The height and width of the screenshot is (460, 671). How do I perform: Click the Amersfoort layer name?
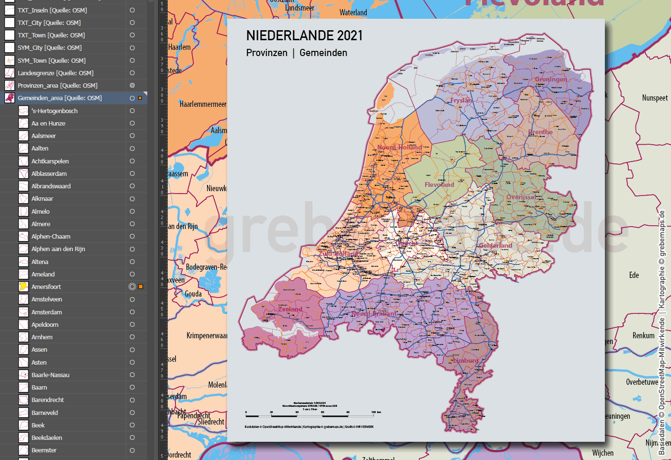pyautogui.click(x=46, y=287)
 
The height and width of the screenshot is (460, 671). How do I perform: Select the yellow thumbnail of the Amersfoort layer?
pyautogui.click(x=23, y=287)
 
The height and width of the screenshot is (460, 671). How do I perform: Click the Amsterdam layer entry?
pyautogui.click(x=46, y=312)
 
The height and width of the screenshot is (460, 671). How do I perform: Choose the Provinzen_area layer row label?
pyautogui.click(x=58, y=85)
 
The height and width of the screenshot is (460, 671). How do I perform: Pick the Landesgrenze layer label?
pyautogui.click(x=56, y=73)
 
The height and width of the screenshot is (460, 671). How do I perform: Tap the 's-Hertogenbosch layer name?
pyautogui.click(x=54, y=111)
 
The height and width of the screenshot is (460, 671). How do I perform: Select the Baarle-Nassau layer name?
pyautogui.click(x=50, y=375)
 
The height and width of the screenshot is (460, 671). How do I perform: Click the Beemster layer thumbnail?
pyautogui.click(x=23, y=450)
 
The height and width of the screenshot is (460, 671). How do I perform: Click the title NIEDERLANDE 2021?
pyautogui.click(x=304, y=35)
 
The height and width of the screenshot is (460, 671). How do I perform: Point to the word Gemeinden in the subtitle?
pyautogui.click(x=323, y=53)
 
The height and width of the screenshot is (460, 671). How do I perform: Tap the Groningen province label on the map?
pyautogui.click(x=551, y=79)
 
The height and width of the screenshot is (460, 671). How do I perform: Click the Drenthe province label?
pyautogui.click(x=540, y=132)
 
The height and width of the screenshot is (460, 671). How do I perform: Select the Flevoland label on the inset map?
pyautogui.click(x=439, y=184)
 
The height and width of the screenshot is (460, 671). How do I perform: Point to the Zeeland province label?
pyautogui.click(x=290, y=309)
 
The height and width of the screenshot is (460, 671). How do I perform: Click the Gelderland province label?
pyautogui.click(x=496, y=245)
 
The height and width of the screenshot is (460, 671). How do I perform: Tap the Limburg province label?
pyautogui.click(x=465, y=360)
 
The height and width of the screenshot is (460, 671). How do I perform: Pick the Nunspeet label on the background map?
pyautogui.click(x=655, y=98)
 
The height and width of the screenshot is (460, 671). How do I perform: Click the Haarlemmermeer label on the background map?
pyautogui.click(x=203, y=104)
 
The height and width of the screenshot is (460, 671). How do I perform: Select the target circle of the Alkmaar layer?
pyautogui.click(x=132, y=199)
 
